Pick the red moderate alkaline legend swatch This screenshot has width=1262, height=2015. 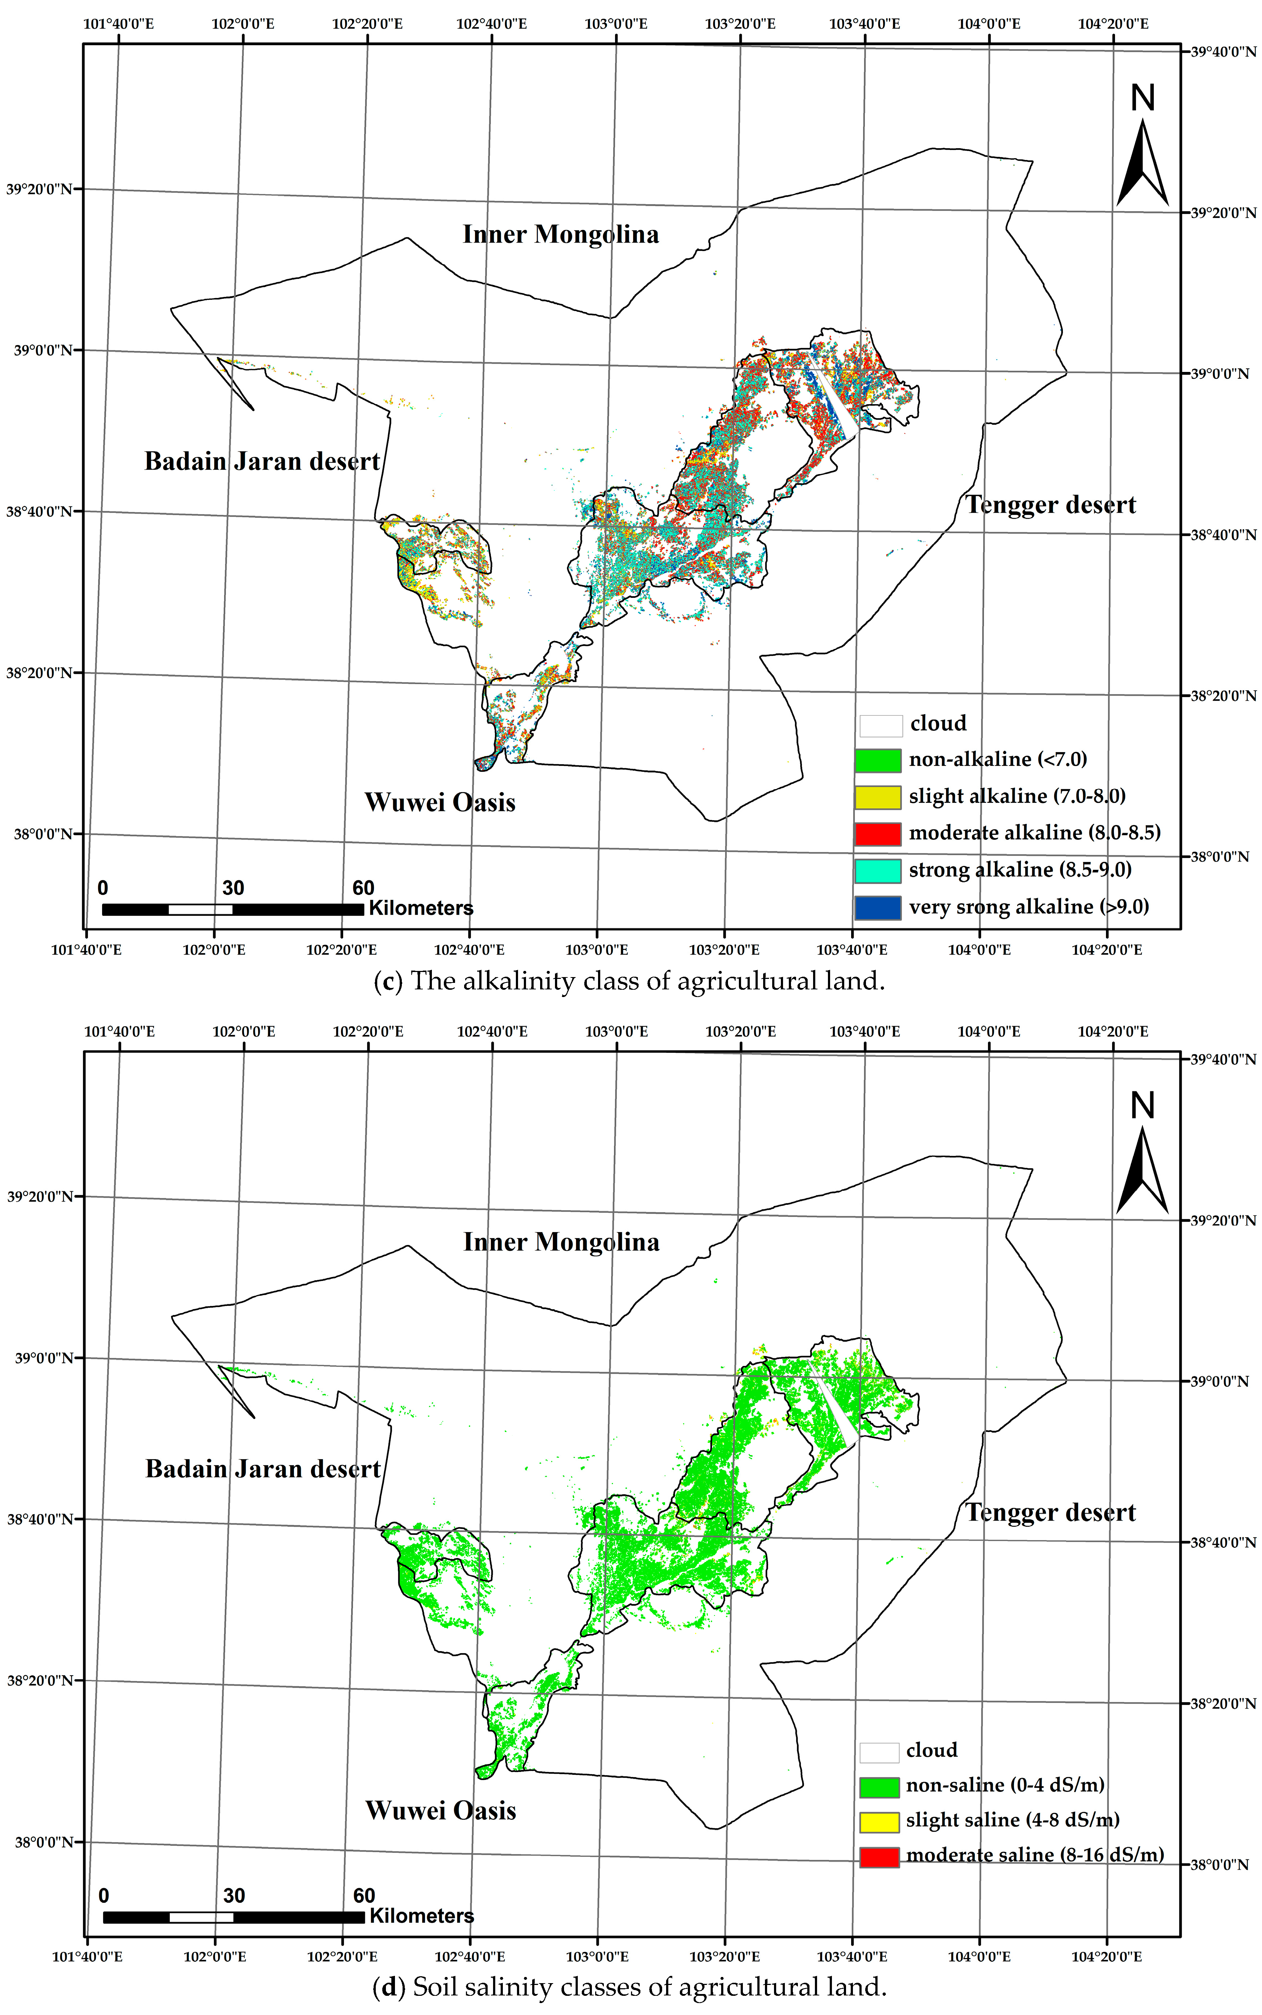(x=877, y=833)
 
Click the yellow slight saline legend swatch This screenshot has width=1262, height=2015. (x=879, y=1821)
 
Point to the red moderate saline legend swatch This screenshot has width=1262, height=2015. (x=879, y=1856)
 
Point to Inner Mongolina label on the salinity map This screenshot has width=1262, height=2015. (x=561, y=1242)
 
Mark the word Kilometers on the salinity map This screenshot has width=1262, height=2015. (x=421, y=1916)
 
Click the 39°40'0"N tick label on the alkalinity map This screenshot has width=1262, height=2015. (x=1222, y=52)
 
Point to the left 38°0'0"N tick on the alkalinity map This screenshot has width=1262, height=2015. (x=42, y=834)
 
